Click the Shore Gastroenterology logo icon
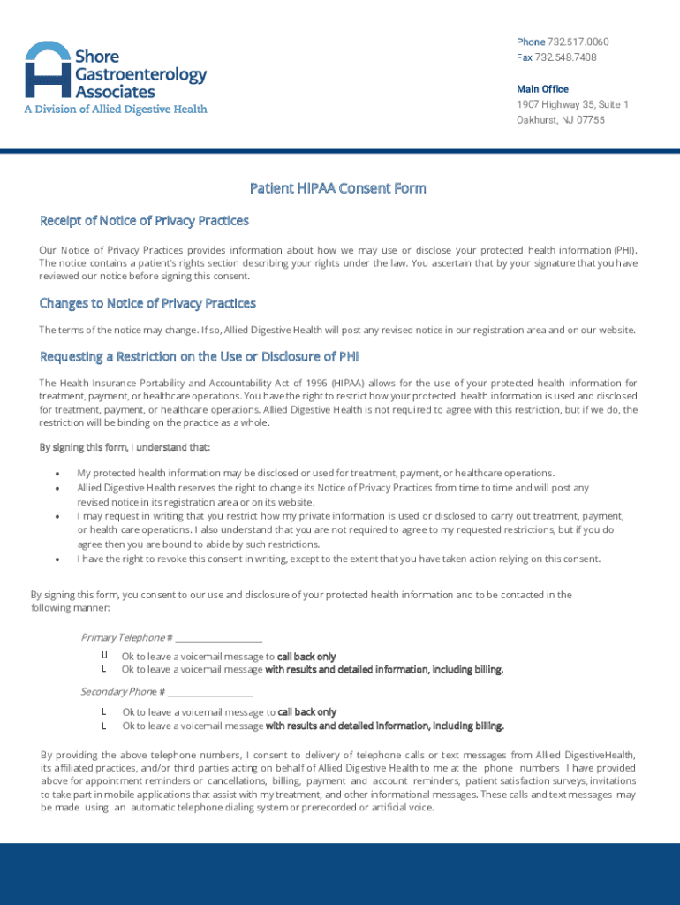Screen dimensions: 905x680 click(48, 69)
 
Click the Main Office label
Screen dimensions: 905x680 click(542, 89)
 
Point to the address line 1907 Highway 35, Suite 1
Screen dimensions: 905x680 click(572, 104)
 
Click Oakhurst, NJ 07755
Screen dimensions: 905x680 click(561, 119)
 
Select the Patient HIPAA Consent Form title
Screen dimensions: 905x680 click(338, 188)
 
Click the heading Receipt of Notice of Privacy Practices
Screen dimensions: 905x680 click(144, 220)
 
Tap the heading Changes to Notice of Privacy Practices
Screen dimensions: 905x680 click(147, 303)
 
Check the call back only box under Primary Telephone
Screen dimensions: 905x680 click(104, 656)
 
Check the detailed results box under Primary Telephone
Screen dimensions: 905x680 click(104, 669)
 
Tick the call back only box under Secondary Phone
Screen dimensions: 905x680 click(104, 711)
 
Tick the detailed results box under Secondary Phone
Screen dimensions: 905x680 click(104, 726)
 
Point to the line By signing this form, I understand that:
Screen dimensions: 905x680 click(125, 448)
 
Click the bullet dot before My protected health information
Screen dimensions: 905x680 click(57, 474)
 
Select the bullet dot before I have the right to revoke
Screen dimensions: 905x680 click(57, 559)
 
